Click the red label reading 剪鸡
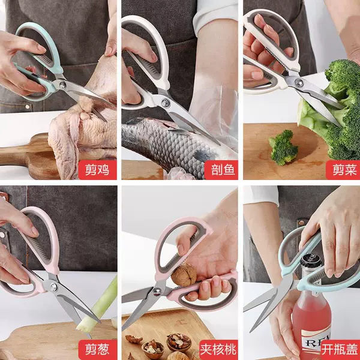(97, 170)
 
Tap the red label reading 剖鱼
(221, 170)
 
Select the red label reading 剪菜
(343, 170)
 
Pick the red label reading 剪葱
(97, 350)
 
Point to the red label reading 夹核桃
(218, 350)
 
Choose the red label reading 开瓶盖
(340, 350)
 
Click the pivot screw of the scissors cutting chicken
(62, 85)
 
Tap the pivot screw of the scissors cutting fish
(165, 103)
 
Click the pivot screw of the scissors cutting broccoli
(299, 82)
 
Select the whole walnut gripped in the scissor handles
(184, 275)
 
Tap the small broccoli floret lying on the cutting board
(284, 148)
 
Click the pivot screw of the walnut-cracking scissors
(157, 292)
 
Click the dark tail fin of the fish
(205, 155)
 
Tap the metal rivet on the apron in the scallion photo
(2, 235)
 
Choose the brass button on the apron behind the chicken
(28, 107)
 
